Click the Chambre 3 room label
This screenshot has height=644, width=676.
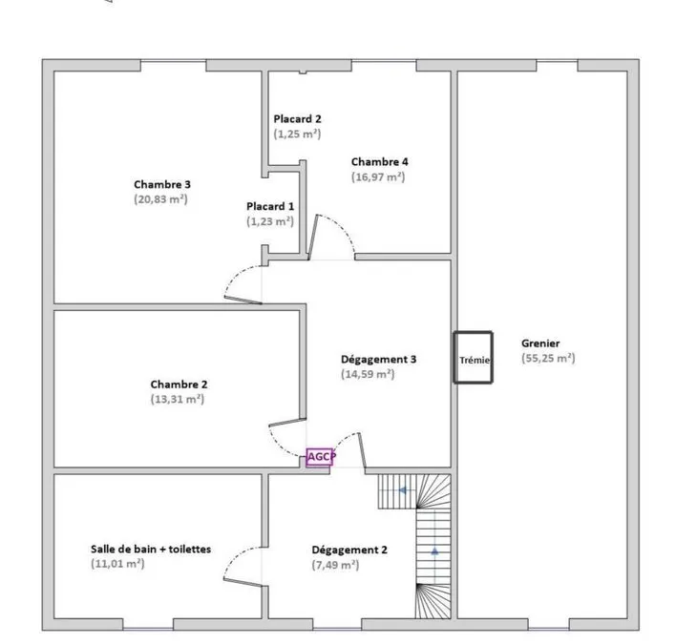coord(162,184)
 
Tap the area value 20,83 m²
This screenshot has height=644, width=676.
coord(160,199)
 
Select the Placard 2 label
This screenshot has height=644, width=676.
coord(298,119)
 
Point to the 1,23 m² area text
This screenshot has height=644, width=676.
coord(270,221)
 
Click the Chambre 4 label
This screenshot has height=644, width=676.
coord(379,162)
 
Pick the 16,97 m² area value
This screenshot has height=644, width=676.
coord(378,177)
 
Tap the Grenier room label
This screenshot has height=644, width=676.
coord(540,343)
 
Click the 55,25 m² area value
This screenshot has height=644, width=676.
coord(548,359)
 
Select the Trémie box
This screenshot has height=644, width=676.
coord(473,357)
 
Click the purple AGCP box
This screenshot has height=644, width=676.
coord(320,457)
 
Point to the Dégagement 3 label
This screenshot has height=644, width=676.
coord(378,360)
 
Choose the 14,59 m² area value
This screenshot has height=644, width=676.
coord(368,374)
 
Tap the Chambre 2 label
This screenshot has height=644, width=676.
coord(179,384)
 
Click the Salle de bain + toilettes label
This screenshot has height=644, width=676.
coord(151,550)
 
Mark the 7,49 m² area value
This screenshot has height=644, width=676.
coord(335,565)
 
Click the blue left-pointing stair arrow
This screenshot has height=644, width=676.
coord(402,490)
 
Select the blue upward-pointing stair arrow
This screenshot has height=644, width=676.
coord(434,551)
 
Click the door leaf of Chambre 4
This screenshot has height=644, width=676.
coord(313,237)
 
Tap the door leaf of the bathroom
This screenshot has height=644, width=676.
coord(243,582)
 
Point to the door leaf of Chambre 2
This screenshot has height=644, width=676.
coord(287,422)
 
